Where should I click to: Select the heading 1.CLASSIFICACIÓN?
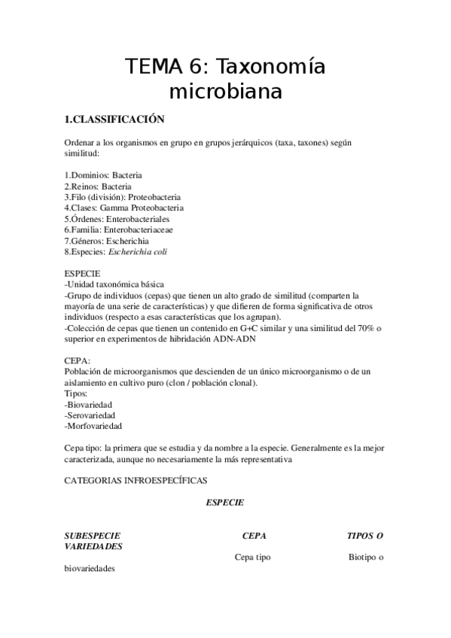(x=113, y=120)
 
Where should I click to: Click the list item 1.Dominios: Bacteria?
(x=103, y=175)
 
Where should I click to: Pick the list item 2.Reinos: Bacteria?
(x=98, y=186)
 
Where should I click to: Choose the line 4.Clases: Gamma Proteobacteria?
(x=123, y=208)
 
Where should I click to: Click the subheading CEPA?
(x=78, y=361)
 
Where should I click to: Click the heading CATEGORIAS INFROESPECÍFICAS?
(x=136, y=480)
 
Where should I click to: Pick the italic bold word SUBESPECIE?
(x=92, y=536)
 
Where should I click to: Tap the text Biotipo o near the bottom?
(x=366, y=557)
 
